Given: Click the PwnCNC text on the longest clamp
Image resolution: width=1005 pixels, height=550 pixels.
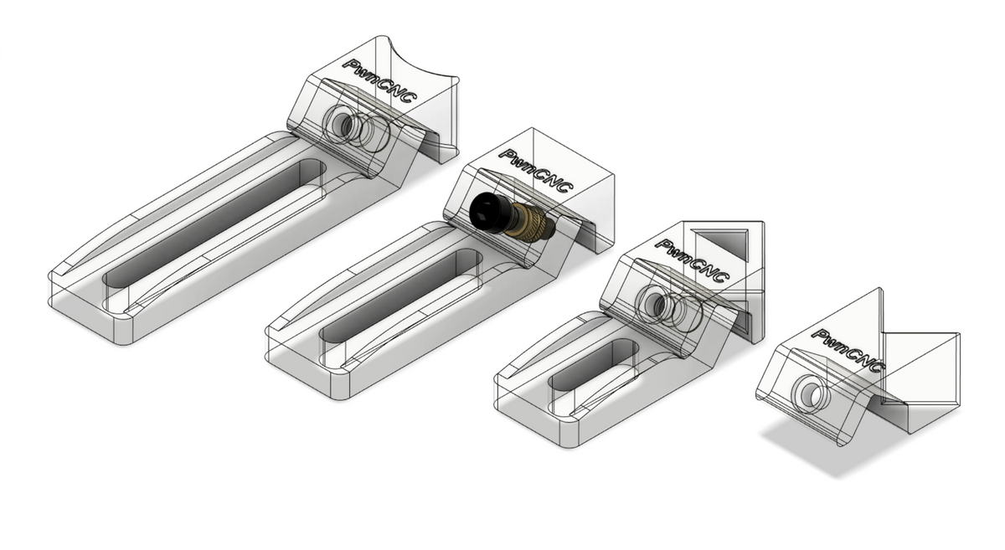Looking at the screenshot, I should tap(381, 83).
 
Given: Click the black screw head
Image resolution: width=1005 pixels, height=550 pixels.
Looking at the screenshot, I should tap(487, 211).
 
